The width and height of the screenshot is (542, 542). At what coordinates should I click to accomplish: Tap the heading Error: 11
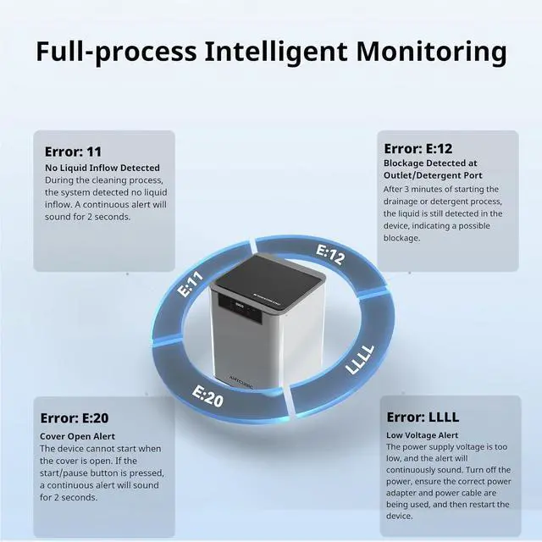click(73, 152)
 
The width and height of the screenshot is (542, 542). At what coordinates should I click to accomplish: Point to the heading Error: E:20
click(75, 418)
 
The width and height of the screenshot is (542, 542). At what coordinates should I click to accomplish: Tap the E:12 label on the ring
click(330, 254)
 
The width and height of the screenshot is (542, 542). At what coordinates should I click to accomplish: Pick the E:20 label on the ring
click(207, 395)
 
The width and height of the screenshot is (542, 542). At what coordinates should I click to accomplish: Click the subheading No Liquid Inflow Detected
click(102, 168)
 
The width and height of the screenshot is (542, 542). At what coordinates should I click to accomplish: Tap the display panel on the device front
click(235, 308)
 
